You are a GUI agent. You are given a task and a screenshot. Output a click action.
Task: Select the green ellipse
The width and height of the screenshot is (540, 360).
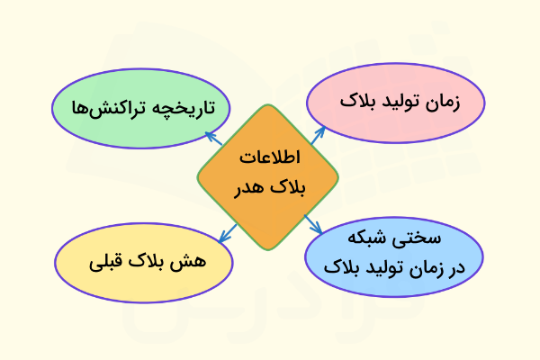[140, 109]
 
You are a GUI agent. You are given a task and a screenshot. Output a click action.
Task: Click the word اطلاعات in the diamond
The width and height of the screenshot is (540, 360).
[271, 157]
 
